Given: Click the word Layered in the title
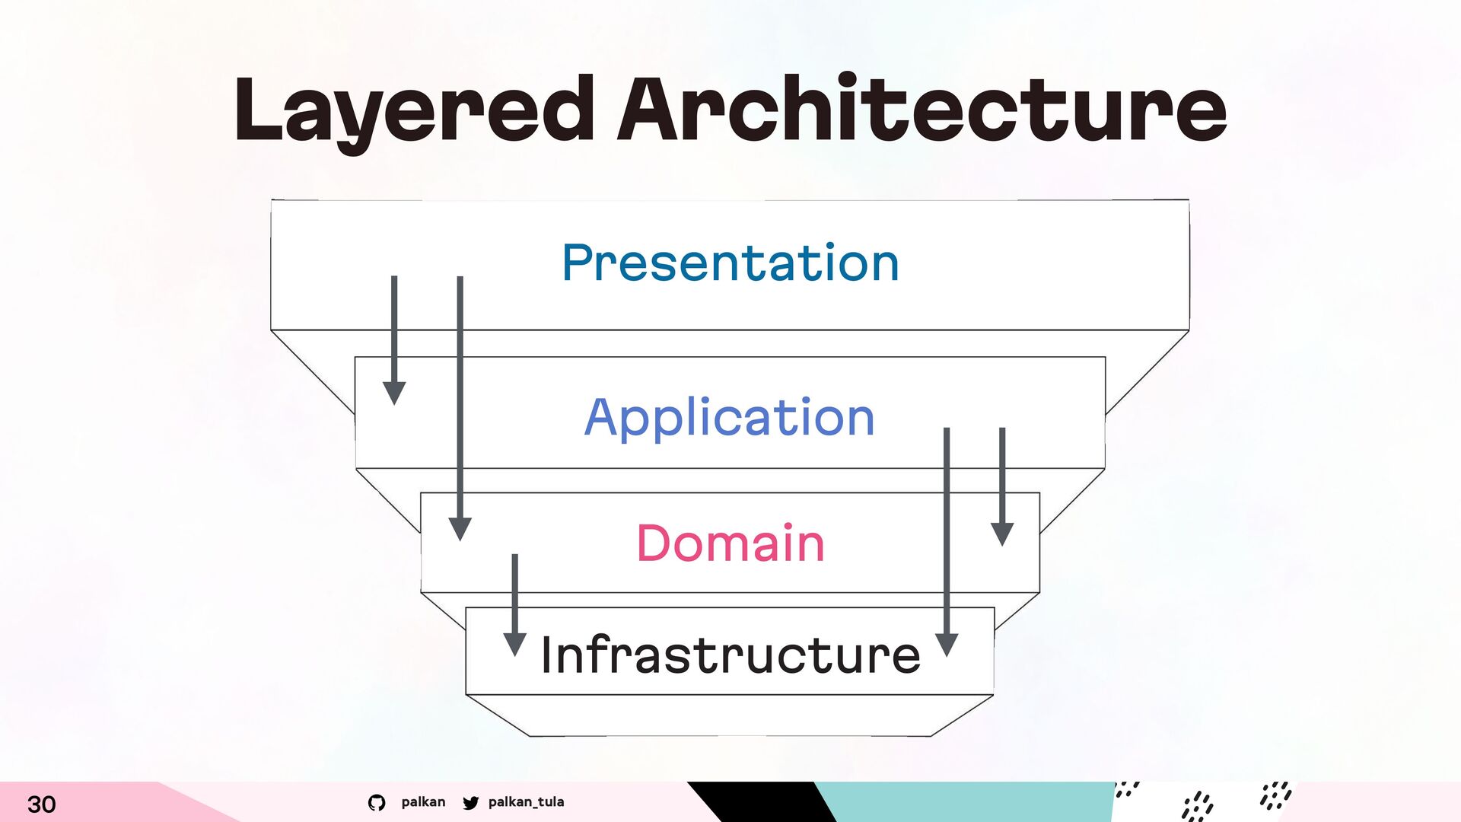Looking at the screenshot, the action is click(x=414, y=113).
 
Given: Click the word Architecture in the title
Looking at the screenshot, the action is click(x=922, y=108).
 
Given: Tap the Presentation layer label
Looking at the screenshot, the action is click(x=730, y=263).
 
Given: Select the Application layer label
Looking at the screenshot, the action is click(x=730, y=418).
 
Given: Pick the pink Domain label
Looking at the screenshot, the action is click(x=730, y=543).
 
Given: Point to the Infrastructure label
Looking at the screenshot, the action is click(x=730, y=655).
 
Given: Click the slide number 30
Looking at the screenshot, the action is click(x=42, y=804).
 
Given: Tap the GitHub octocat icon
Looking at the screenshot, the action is click(x=377, y=802).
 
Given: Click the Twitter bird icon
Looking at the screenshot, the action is click(x=471, y=802).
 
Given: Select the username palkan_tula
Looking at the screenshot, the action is click(x=527, y=802).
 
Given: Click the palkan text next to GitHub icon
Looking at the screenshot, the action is click(x=423, y=802).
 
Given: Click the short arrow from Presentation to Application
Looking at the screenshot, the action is click(x=394, y=340).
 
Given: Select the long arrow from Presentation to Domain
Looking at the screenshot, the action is click(x=460, y=409).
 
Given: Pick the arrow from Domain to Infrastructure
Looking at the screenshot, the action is click(x=515, y=605).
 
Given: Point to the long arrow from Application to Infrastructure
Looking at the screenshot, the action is click(x=947, y=542).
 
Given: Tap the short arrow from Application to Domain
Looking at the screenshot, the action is click(x=1002, y=486).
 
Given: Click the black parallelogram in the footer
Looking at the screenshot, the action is click(x=761, y=801).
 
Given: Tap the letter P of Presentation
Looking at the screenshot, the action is click(x=576, y=263).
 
